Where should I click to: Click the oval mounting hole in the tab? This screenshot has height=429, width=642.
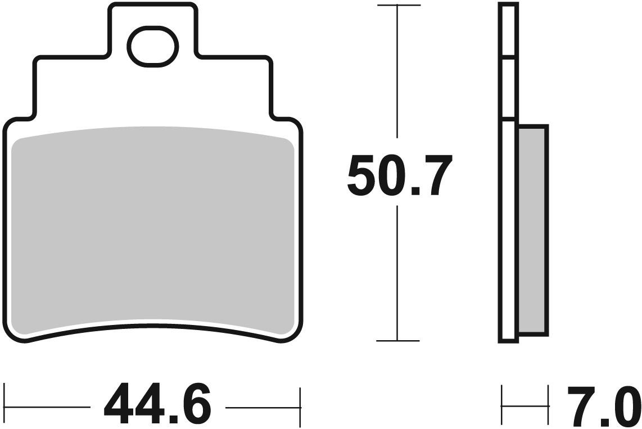point(153,46)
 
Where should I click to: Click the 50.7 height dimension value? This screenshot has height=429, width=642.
point(400,175)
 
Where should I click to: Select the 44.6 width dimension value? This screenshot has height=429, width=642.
point(157,405)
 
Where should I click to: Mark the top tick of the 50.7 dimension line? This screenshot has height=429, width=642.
point(398,6)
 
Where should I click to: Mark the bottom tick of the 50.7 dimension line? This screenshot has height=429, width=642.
point(398,341)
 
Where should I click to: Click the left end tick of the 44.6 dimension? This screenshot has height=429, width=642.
point(5,405)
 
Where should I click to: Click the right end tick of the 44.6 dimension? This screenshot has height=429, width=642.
point(301,405)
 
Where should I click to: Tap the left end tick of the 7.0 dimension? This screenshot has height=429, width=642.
point(501,405)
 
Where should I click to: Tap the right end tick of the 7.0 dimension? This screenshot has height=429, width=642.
point(548,405)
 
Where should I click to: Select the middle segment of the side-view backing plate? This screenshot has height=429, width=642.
point(508,88)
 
